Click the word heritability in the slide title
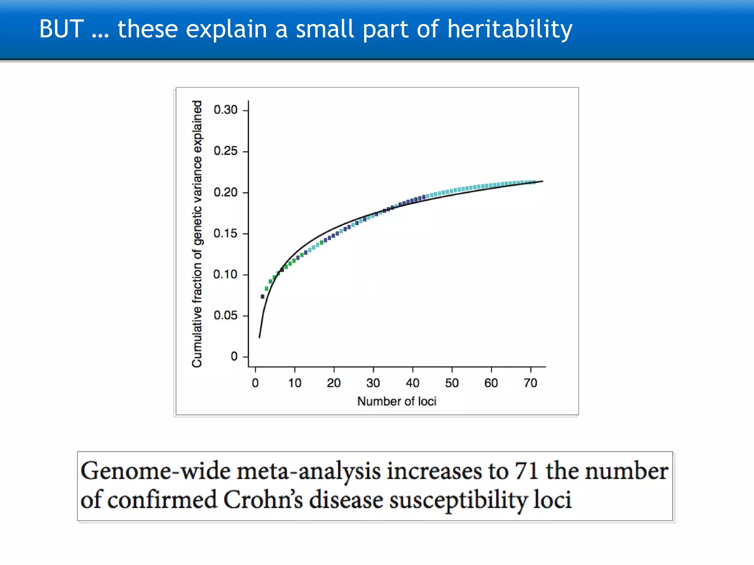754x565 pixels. [510, 29]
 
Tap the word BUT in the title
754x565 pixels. [61, 29]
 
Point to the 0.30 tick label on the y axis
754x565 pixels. [225, 110]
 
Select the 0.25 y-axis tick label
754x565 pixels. [225, 151]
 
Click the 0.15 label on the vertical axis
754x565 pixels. [225, 233]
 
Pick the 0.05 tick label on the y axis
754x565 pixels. [225, 315]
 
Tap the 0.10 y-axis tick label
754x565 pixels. [225, 274]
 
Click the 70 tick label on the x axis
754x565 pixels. [530, 383]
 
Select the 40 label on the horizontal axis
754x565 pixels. [412, 383]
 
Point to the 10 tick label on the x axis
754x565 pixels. [295, 383]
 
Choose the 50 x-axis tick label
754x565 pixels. [452, 383]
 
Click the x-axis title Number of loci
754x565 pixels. [397, 401]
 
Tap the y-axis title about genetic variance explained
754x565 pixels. [197, 234]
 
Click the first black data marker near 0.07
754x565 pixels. [263, 296]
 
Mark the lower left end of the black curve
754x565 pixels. [260, 337]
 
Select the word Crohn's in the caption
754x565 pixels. [263, 500]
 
